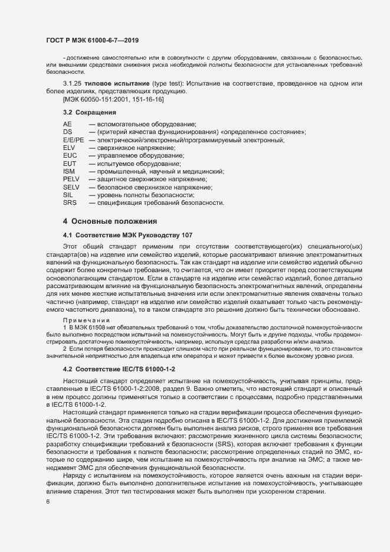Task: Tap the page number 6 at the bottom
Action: (47, 502)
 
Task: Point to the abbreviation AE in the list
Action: (67, 124)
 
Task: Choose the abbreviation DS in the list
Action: (67, 132)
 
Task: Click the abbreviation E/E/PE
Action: (74, 140)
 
